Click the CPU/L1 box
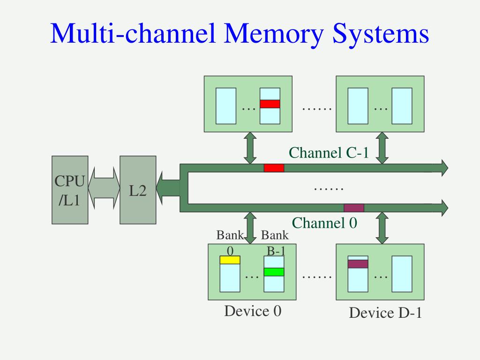(70, 190)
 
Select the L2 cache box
(138, 190)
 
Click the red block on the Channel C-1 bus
(274, 168)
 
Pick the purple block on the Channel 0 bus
(354, 208)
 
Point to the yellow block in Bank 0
(230, 260)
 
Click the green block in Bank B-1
(274, 272)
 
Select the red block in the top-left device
(270, 104)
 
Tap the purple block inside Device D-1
(358, 264)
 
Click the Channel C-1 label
(329, 153)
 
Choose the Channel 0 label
(324, 223)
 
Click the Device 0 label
(253, 311)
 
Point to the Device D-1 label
(385, 313)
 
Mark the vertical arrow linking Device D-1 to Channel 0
(382, 228)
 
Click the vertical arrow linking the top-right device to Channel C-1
(382, 148)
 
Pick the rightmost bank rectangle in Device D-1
(402, 274)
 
